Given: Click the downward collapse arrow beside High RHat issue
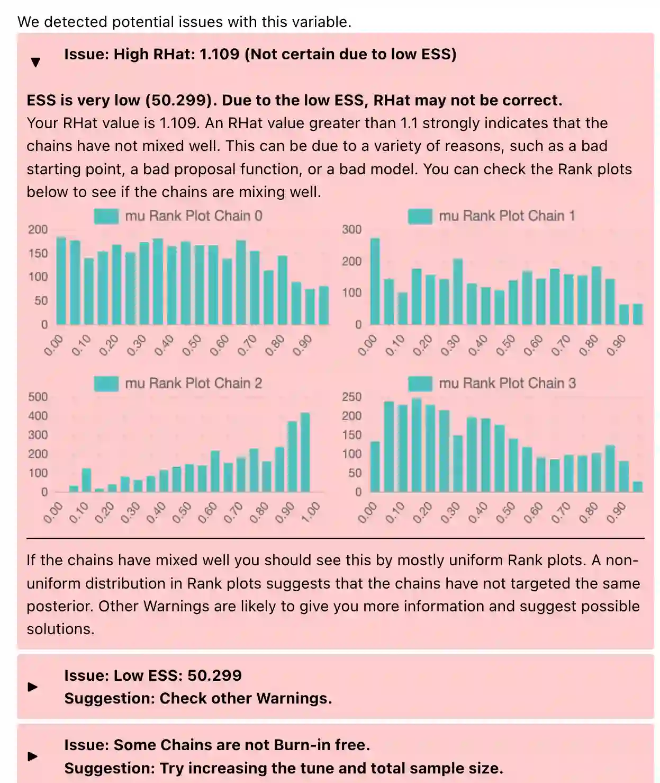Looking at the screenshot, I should click(x=35, y=62).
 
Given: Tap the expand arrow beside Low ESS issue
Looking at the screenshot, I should click(x=33, y=687).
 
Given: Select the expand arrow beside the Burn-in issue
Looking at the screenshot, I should click(x=33, y=756).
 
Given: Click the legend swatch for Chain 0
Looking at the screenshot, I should click(x=106, y=216).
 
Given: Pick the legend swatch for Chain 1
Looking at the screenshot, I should click(x=420, y=216).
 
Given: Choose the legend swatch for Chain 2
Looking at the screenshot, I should click(x=106, y=384).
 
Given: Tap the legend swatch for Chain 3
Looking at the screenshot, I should click(x=420, y=384).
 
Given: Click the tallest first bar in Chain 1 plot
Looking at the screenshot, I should click(x=375, y=281).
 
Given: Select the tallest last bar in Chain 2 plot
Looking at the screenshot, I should click(x=305, y=452).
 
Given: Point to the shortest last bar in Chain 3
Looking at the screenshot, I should click(x=637, y=487).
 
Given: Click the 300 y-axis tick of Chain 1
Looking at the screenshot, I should click(x=352, y=229).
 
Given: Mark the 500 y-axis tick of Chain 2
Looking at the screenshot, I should click(x=38, y=397).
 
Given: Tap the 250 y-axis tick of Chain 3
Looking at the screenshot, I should click(x=352, y=397).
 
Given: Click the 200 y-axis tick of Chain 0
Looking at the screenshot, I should click(x=38, y=229).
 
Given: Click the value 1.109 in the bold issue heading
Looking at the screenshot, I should click(x=219, y=54).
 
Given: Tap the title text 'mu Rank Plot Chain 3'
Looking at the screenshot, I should click(x=507, y=384).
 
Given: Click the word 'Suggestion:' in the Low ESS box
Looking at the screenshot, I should click(x=110, y=698).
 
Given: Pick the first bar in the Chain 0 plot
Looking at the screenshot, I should click(x=61, y=281).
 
